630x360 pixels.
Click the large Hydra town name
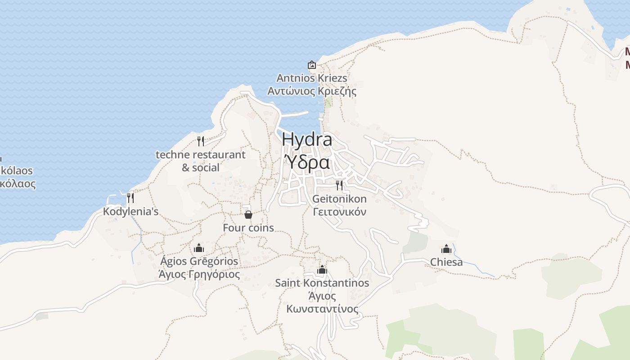tap(307, 139)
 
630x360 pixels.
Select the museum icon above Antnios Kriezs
tap(311, 65)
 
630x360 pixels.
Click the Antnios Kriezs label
tap(311, 78)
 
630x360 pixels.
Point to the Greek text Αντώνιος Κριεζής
tap(311, 91)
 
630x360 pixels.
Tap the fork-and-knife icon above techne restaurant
tap(201, 141)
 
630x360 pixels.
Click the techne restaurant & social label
tap(201, 161)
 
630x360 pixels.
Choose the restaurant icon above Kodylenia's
tap(130, 198)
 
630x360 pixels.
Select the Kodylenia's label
tap(130, 211)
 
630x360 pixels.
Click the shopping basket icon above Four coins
tap(248, 215)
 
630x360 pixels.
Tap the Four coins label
tap(248, 228)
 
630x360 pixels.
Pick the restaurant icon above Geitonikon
tap(339, 185)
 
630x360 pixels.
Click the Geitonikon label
tap(339, 198)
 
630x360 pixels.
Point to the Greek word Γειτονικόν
tap(339, 212)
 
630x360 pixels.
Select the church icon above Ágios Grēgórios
tap(199, 248)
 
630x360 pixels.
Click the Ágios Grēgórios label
tap(199, 261)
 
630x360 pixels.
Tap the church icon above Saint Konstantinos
tap(322, 270)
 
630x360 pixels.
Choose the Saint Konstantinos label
tap(322, 283)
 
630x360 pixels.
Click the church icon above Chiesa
tap(446, 249)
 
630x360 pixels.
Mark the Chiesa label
tap(446, 262)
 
